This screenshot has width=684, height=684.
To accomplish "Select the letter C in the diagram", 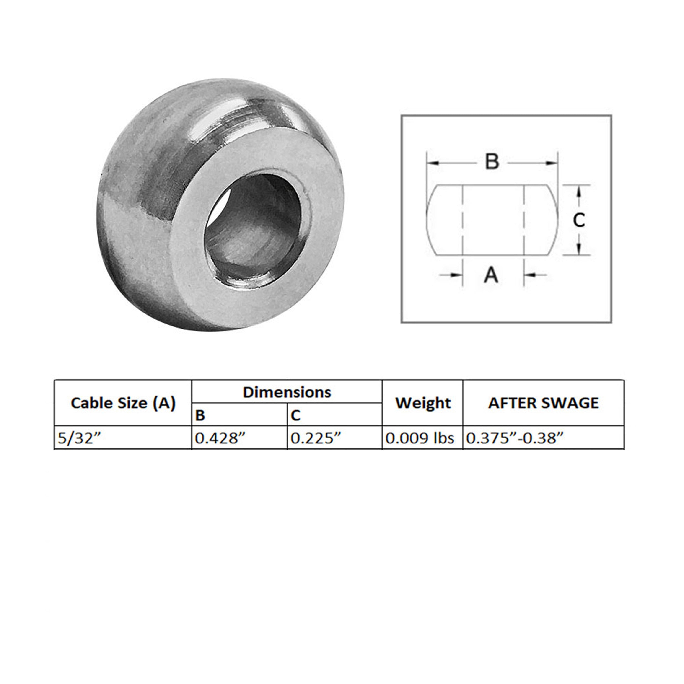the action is click(579, 220).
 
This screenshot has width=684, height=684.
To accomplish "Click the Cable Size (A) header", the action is click(123, 403).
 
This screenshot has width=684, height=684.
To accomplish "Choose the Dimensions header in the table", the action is click(287, 392).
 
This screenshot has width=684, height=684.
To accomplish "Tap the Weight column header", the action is click(423, 403).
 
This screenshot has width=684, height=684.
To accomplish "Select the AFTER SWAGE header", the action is click(544, 403).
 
